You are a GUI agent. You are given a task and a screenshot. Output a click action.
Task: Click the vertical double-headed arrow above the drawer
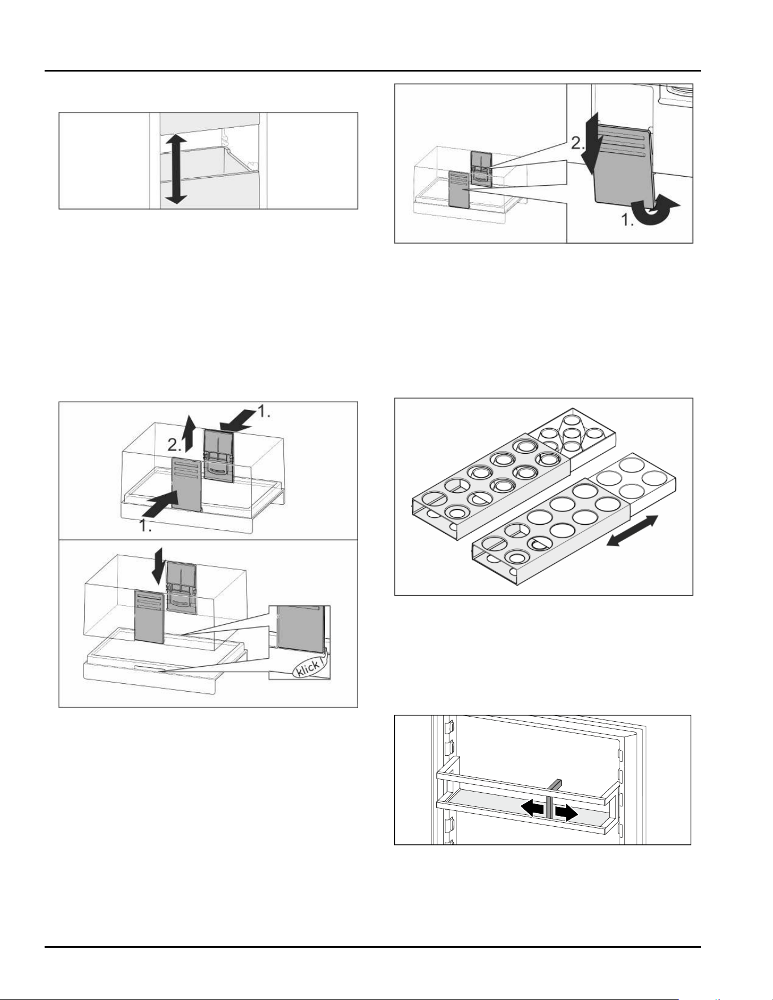(x=176, y=169)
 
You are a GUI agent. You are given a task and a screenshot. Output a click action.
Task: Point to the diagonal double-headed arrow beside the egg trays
(x=632, y=531)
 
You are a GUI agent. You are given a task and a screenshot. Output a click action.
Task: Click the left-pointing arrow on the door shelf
(x=533, y=808)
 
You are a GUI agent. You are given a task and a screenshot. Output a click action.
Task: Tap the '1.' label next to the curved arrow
(x=626, y=220)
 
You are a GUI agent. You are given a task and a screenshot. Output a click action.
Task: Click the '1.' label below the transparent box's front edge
(x=146, y=526)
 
